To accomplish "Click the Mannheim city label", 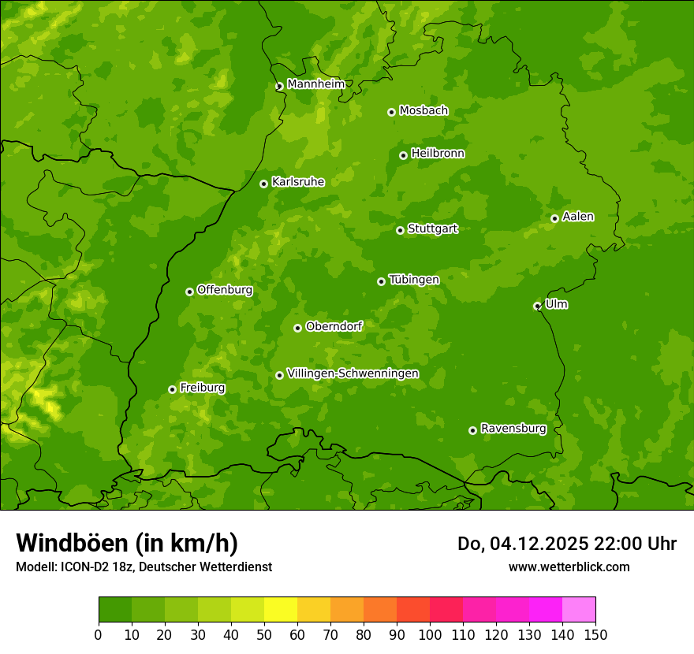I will pos(316,84).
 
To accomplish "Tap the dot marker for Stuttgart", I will pos(400,230).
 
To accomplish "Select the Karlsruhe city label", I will pos(298,182).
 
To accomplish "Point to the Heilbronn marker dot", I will pos(403,155).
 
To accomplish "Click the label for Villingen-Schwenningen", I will pos(353,373).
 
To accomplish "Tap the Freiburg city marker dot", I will pos(172,389).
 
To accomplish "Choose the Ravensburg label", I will pos(513,429).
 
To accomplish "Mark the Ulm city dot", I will pos(537,306).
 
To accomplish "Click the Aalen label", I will pos(578,217).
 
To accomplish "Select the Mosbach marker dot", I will pos(391,112).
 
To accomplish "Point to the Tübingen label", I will pos(414,280).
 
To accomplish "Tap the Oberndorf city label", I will pos(334,326).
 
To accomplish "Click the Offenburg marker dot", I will pos(189,292).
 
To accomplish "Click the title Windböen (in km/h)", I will pos(127,543).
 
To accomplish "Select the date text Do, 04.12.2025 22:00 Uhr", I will pos(567,544).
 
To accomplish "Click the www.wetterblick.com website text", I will pos(569,567).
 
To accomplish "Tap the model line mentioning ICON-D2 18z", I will pos(144,567).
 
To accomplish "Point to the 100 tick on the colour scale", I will pos(430,634).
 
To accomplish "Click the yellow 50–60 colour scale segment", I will pos(281,610).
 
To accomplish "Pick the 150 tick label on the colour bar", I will pos(595,634).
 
